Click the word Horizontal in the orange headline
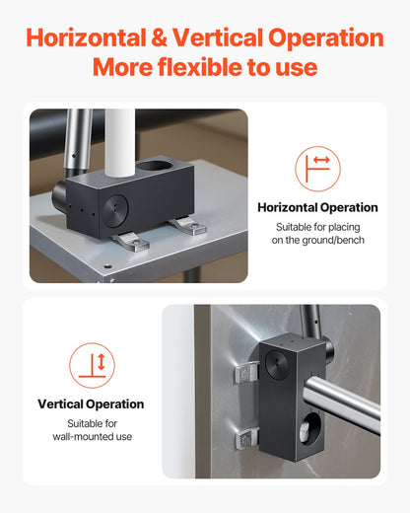click(86, 37)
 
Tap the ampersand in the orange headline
click(159, 37)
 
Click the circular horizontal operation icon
click(317, 169)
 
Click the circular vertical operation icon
click(92, 365)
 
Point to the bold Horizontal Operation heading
click(317, 207)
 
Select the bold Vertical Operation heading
click(91, 404)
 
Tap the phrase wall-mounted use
click(93, 437)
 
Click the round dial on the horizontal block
click(115, 211)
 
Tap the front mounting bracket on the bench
click(132, 241)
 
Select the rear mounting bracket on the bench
click(189, 226)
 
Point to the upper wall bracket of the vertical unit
click(246, 373)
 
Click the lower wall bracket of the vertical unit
click(246, 439)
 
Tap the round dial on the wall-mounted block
click(277, 365)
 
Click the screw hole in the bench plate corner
click(105, 265)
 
